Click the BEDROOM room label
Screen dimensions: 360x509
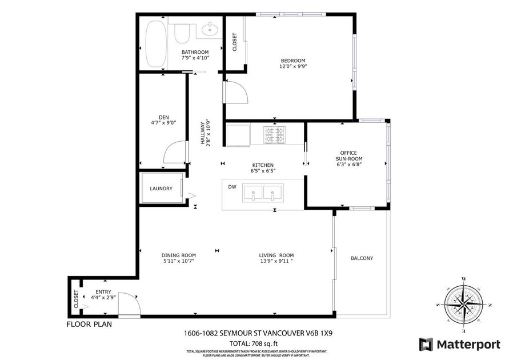point(292,61)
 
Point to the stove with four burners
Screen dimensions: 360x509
point(274,135)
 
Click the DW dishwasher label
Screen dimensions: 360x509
point(232,187)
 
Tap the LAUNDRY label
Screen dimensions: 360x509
point(161,189)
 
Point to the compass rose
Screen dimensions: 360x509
point(464,303)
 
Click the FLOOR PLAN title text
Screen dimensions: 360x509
point(89,324)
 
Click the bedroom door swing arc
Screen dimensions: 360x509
point(237,91)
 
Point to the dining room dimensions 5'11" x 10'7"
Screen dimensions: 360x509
point(179,261)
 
